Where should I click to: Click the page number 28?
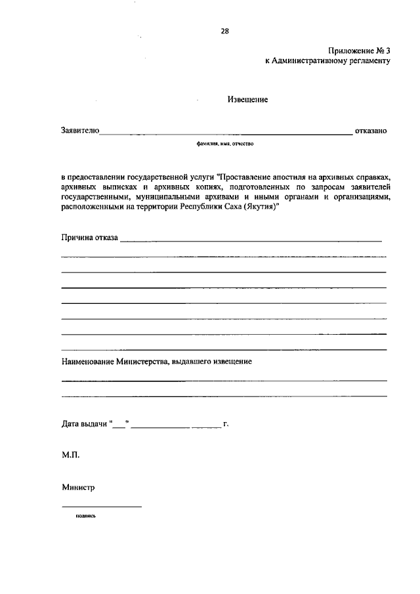pos(225,30)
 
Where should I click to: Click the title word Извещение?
pos(247,100)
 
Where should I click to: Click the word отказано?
pos(371,131)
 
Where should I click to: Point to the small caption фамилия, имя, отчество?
pos(224,143)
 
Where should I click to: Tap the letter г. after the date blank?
pos(225,424)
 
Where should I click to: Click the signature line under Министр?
pos(101,506)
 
